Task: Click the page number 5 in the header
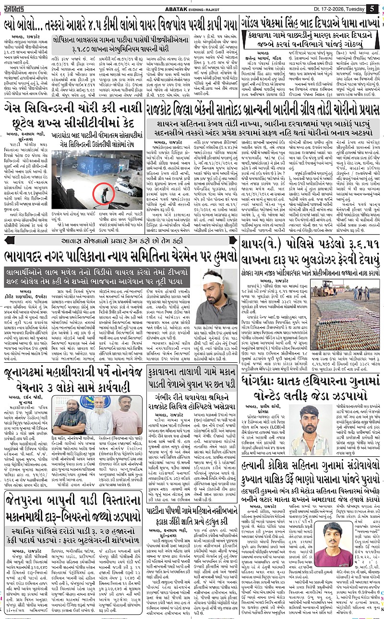pyautogui.click(x=372, y=8)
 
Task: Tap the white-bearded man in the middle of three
pyautogui.click(x=96, y=416)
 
